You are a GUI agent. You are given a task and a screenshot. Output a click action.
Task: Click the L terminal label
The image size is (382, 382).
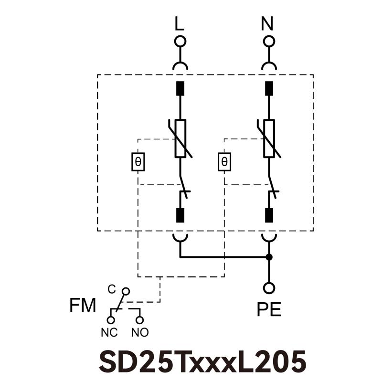click(x=180, y=23)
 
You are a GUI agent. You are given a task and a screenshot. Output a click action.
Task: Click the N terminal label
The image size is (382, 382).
click(x=269, y=23)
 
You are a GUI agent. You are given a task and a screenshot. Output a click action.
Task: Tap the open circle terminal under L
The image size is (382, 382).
click(x=180, y=41)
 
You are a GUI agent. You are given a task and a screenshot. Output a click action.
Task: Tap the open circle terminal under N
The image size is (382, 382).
click(x=269, y=41)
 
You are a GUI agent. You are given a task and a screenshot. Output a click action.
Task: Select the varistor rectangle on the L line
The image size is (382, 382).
click(x=180, y=138)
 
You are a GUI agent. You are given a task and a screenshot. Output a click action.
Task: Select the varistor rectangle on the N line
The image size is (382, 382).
click(x=269, y=138)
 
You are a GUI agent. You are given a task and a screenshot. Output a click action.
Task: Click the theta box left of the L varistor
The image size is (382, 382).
click(x=138, y=162)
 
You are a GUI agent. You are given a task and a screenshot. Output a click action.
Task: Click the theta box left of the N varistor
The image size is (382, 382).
click(x=224, y=162)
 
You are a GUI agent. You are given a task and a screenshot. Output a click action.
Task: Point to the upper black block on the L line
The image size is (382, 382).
click(x=180, y=89)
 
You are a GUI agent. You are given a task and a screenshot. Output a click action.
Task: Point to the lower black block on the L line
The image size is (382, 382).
click(x=180, y=215)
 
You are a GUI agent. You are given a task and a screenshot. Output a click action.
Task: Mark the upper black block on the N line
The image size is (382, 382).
click(x=269, y=89)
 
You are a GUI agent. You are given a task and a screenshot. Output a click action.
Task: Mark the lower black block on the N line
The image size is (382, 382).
click(x=269, y=215)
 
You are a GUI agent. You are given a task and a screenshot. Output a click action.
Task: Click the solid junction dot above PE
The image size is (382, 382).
click(x=269, y=257)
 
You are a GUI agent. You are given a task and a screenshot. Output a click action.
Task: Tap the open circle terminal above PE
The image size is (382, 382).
click(x=269, y=288)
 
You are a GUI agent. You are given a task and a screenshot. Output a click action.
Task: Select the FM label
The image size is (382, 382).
click(x=83, y=306)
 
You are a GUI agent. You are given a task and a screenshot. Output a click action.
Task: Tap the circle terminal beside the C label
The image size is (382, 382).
click(x=126, y=291)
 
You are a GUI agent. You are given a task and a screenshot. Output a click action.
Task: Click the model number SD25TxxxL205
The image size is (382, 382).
click(x=202, y=361)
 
